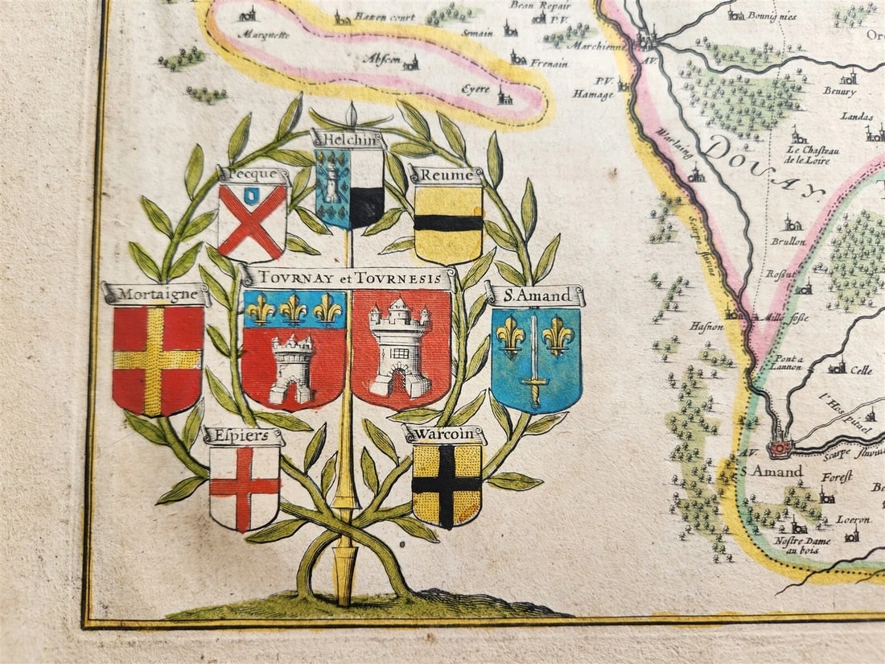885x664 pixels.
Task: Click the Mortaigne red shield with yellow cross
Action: [x=158, y=359]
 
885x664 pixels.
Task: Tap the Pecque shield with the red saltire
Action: [x=252, y=221]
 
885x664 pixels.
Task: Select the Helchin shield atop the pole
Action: [x=349, y=188]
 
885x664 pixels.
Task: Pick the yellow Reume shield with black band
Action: [x=448, y=223]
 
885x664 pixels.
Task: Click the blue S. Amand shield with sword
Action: [x=536, y=359]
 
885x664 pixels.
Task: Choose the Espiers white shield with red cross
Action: [x=244, y=487]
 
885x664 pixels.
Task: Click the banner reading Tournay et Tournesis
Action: [x=348, y=278]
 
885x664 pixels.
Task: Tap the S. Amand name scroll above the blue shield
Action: [x=535, y=295]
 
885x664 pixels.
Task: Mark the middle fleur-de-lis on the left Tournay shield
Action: [x=294, y=307]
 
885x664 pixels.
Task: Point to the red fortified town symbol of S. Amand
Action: [x=780, y=447]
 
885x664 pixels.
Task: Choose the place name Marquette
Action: [x=261, y=35]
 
